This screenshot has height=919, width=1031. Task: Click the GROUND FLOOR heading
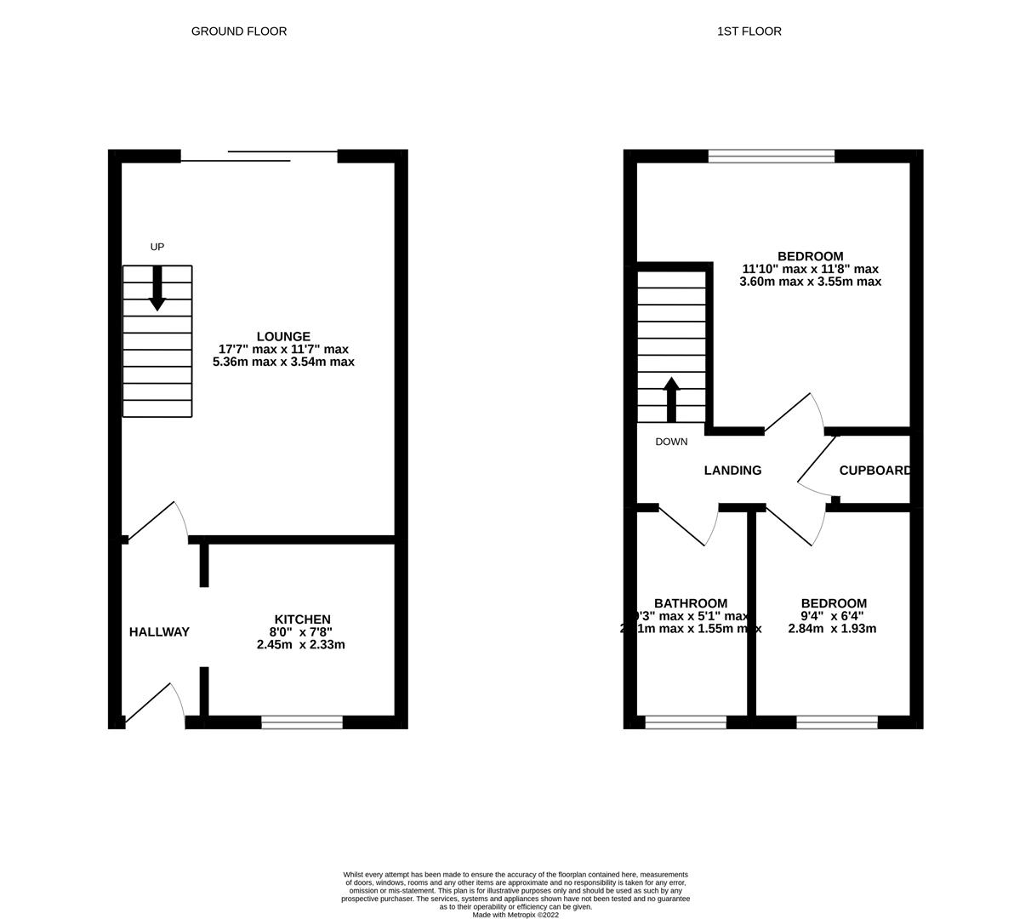238,31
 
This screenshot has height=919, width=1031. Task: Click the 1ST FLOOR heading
749,31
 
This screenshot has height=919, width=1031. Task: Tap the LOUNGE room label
283,337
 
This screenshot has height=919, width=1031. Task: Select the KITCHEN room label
302,619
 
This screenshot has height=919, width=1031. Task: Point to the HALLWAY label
159,632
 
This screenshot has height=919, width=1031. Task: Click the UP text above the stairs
157,247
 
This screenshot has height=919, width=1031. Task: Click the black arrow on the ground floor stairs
157,288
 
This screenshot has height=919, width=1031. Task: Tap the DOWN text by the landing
671,442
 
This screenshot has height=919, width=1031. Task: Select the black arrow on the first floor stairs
671,399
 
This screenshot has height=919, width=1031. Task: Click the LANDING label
732,471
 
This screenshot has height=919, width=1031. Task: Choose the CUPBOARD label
875,471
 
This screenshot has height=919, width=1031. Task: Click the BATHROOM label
690,604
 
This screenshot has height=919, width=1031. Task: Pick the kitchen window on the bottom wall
302,722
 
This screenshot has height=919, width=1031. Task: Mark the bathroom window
686,722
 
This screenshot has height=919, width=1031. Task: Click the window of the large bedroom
772,156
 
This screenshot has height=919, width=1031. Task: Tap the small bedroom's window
837,722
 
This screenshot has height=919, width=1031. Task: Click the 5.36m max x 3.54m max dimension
283,362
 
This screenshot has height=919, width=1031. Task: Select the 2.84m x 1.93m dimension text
832,629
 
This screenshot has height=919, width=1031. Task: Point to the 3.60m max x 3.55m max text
810,282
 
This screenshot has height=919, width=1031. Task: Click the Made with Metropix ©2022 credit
515,915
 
